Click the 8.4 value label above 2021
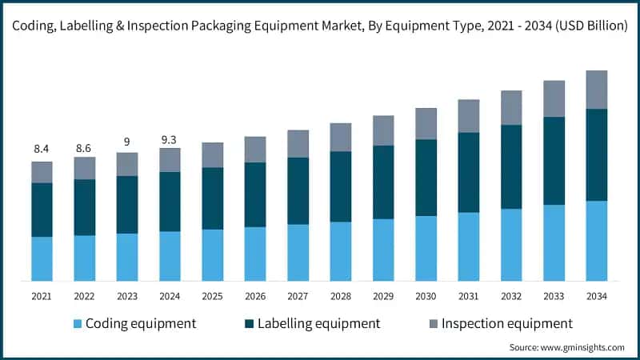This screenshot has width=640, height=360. tap(42, 149)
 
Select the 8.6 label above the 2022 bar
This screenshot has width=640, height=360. tap(84, 149)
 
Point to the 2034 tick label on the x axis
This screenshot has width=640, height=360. tap(596, 296)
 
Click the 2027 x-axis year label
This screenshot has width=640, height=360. tap(298, 296)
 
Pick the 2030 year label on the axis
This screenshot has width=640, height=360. tap(426, 296)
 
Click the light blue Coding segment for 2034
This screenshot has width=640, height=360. tap(596, 241)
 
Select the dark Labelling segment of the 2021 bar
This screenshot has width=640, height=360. tap(42, 210)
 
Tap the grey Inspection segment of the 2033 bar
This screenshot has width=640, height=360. tap(554, 98)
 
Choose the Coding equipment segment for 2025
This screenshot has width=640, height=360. tap(212, 255)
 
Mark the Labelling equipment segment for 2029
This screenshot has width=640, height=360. tap(383, 182)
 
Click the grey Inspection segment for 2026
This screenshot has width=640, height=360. tap(255, 150)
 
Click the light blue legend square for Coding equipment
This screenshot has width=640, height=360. tap(77, 324)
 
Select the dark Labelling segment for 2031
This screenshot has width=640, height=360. tap(468, 173)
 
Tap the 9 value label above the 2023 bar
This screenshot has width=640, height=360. tap(126, 142)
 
